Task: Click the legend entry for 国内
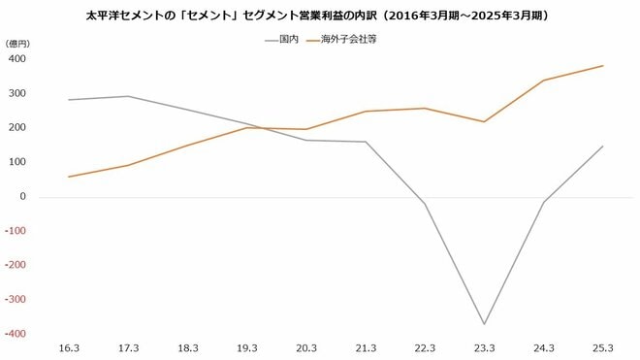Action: (x=282, y=41)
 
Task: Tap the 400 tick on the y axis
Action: (x=16, y=59)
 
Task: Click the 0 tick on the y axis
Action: (x=22, y=197)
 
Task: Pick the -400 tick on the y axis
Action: (x=15, y=334)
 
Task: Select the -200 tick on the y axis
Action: (x=15, y=265)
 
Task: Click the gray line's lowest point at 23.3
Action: (x=483, y=324)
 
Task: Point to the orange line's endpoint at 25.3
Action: (x=602, y=66)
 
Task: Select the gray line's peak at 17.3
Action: (x=129, y=96)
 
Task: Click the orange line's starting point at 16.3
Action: (x=70, y=177)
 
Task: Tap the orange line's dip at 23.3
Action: (x=483, y=121)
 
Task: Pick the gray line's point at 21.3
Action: (x=366, y=142)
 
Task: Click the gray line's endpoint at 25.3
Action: (x=602, y=147)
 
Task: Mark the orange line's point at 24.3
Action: (x=542, y=81)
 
